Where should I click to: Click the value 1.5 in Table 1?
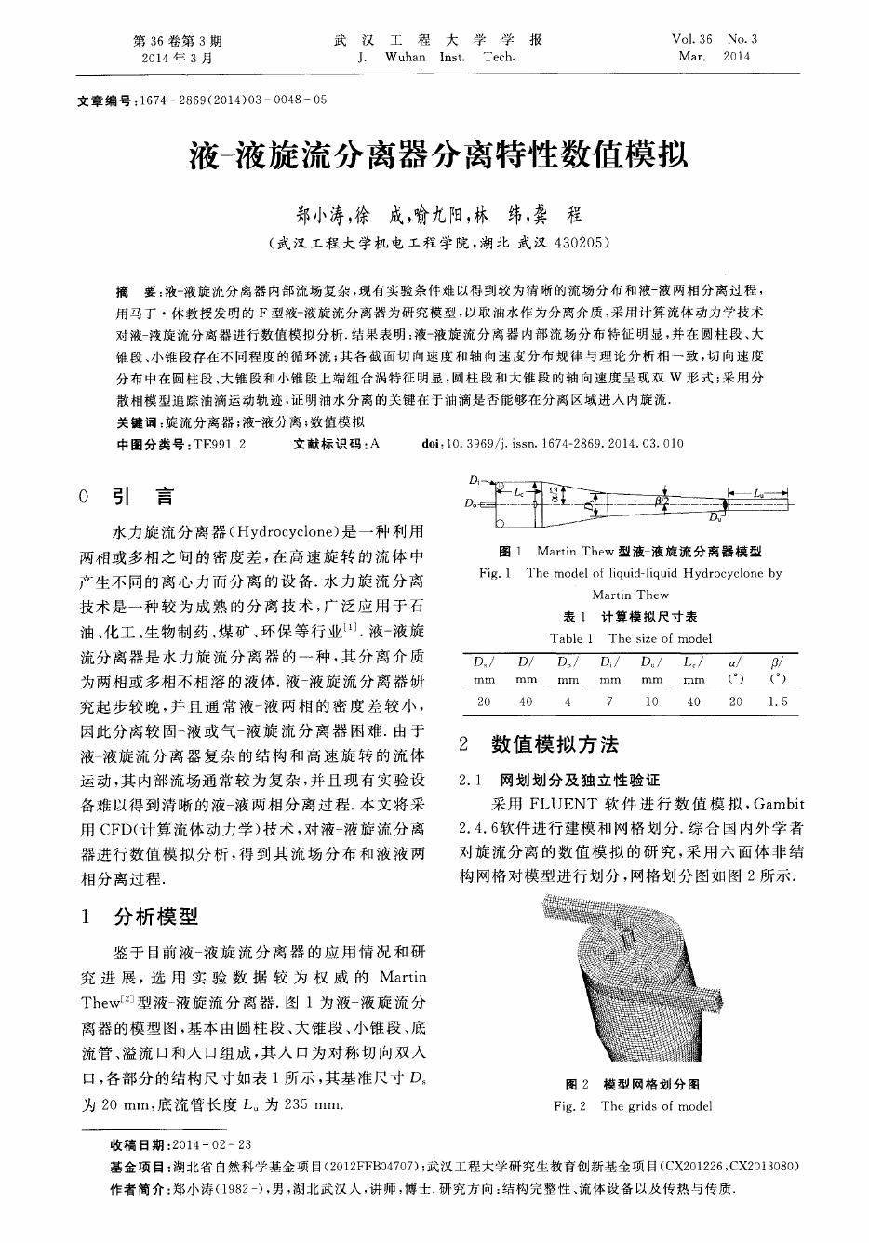pyautogui.click(x=778, y=702)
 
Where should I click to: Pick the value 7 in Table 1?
pyautogui.click(x=608, y=702)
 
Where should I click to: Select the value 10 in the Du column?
pyautogui.click(x=651, y=702)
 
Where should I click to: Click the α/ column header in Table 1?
pyautogui.click(x=736, y=662)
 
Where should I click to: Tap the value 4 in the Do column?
pyautogui.click(x=568, y=702)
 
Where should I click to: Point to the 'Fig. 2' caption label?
pyautogui.click(x=569, y=1106)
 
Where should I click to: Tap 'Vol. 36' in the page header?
pyautogui.click(x=691, y=40)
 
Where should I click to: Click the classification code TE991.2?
pyautogui.click(x=218, y=445)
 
